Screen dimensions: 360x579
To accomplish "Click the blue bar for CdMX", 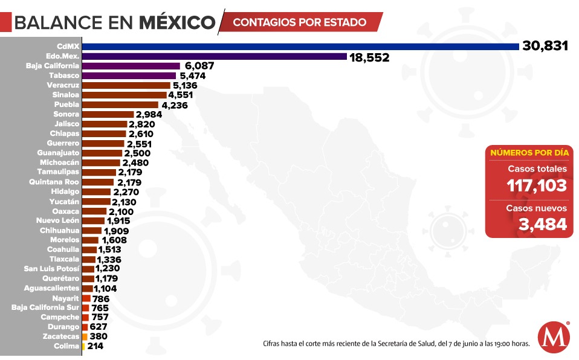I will [x=300, y=47].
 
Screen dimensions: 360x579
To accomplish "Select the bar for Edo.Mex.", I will [x=214, y=56].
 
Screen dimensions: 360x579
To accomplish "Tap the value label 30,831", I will [x=545, y=47].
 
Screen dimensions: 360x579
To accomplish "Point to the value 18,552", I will [x=369, y=57].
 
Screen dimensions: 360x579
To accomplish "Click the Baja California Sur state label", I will [x=45, y=307].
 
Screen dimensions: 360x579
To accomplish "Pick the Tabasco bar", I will [x=129, y=76].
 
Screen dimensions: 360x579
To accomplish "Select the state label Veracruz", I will [x=62, y=85].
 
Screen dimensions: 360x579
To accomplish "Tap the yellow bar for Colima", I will [x=83, y=346].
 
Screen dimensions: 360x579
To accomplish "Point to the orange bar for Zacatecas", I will [x=85, y=336].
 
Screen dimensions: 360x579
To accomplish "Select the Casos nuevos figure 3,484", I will [x=542, y=224].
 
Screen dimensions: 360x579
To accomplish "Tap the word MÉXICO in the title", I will [x=177, y=22].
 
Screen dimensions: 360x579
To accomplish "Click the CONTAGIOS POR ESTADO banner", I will [x=300, y=22].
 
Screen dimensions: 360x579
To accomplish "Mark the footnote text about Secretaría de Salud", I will [x=396, y=344].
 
